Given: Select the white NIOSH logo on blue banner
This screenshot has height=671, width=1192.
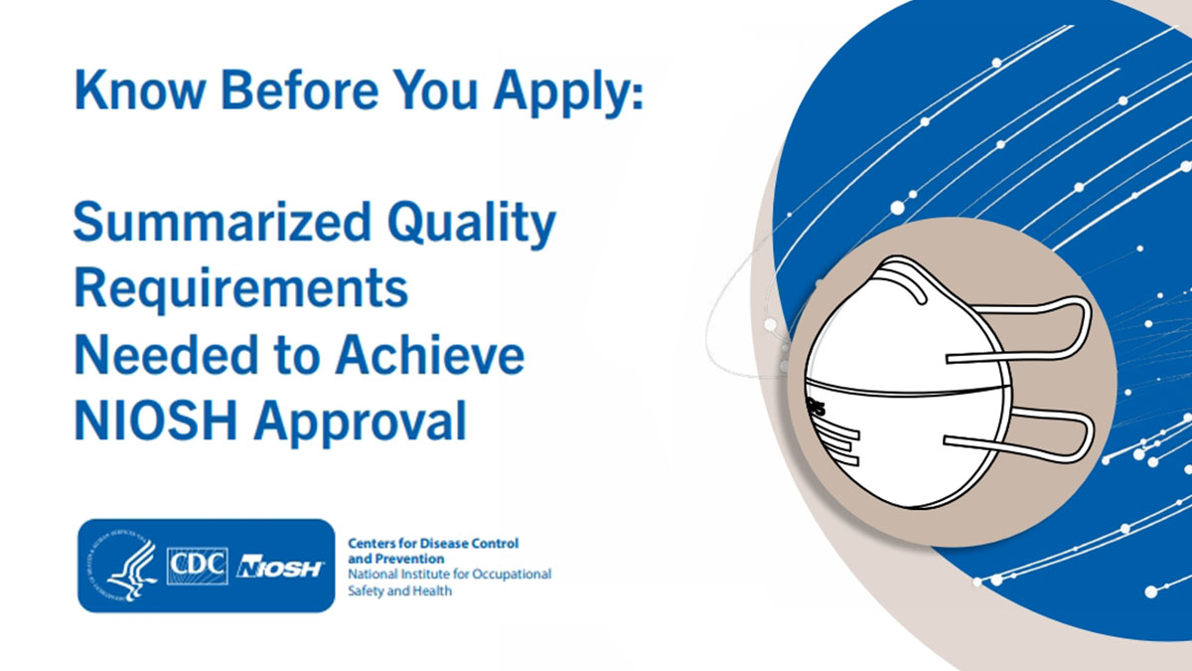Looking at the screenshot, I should [281, 567].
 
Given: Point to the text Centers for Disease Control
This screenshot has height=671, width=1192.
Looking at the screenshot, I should [433, 544].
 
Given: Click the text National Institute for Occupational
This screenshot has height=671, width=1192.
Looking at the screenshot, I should [449, 575].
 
